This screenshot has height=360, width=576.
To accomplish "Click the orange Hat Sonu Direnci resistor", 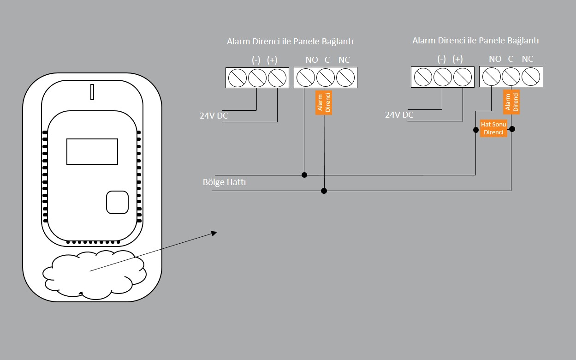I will click(493, 129).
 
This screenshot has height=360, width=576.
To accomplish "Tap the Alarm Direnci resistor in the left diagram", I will click(324, 102).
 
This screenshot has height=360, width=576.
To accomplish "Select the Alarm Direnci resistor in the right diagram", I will click(511, 102).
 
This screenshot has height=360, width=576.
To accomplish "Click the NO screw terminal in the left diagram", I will click(305, 78).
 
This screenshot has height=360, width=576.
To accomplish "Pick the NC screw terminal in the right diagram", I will click(531, 77).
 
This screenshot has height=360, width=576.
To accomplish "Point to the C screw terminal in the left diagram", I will click(326, 78).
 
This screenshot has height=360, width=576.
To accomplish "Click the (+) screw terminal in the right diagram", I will click(463, 77).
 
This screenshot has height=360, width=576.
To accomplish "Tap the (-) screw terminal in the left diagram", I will click(257, 78).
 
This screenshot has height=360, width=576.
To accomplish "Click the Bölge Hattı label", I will click(224, 182).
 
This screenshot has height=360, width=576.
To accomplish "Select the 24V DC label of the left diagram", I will click(214, 116).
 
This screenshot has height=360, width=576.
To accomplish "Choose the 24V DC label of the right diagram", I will click(399, 114).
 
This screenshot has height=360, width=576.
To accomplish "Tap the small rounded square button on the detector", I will click(117, 202).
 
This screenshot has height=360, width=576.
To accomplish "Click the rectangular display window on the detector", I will click(92, 151).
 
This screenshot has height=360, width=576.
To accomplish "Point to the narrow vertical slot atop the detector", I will click(92, 92).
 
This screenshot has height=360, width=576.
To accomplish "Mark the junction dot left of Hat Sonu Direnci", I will click(475, 130).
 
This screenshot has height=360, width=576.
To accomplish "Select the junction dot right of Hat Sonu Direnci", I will click(512, 129).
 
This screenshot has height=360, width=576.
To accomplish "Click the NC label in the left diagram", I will click(344, 60).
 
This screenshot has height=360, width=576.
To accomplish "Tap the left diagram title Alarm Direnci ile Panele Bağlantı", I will click(290, 42).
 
